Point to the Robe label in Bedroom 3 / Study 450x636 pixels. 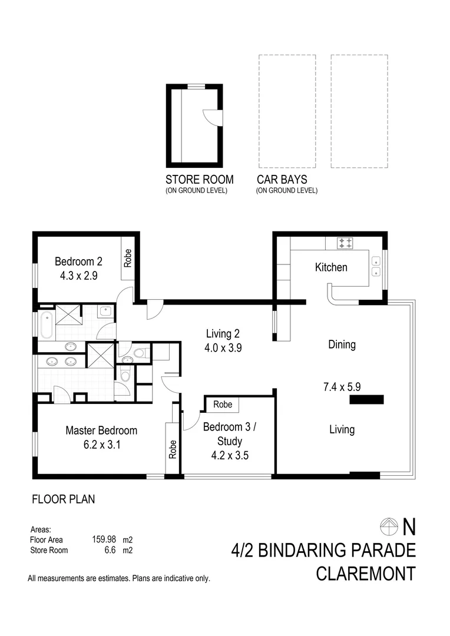tap(223, 405)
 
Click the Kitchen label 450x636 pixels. tap(331, 267)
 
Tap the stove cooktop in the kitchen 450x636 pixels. tap(345, 242)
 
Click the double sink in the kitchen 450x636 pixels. tap(375, 264)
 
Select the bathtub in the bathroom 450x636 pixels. tap(46, 324)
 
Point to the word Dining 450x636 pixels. tap(342, 344)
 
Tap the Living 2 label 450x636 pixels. tap(221, 333)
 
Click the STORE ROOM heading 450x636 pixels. tap(199, 180)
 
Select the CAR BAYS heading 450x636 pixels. tap(282, 180)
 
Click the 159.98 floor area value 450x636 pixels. tap(104, 539)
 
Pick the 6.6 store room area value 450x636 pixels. tap(110, 551)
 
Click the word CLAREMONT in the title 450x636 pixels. tap(365, 573)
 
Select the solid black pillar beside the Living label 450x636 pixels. tap(366, 400)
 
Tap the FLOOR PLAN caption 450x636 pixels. tap(63, 499)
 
